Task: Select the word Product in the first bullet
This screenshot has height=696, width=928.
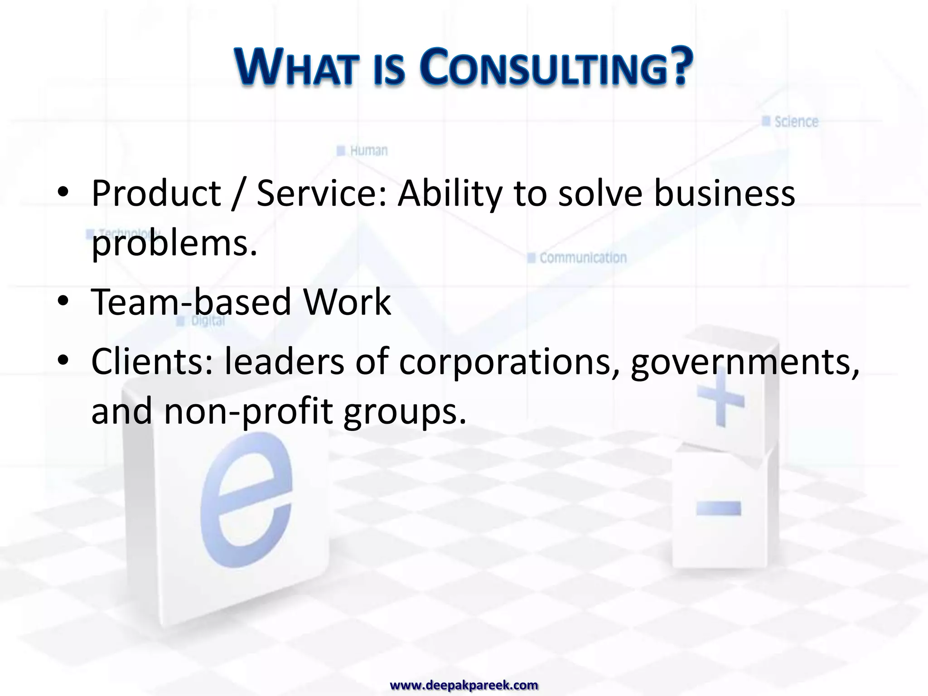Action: pyautogui.click(x=156, y=194)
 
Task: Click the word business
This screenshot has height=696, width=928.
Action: pyautogui.click(x=724, y=194)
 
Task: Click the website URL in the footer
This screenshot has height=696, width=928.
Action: pyautogui.click(x=464, y=685)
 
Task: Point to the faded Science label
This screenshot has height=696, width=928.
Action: pyautogui.click(x=796, y=121)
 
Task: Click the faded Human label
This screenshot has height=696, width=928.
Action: pyautogui.click(x=368, y=150)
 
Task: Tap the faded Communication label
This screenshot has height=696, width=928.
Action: pyautogui.click(x=583, y=258)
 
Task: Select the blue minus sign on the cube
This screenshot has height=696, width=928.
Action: pyautogui.click(x=718, y=508)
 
